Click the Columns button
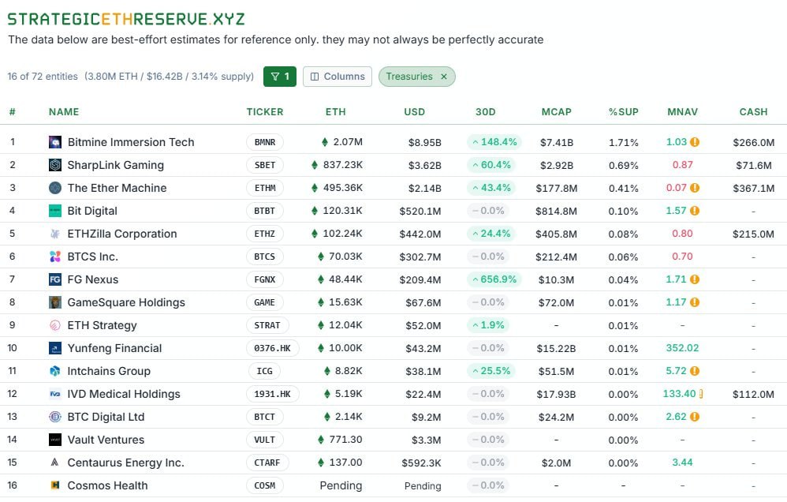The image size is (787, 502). coord(338,77)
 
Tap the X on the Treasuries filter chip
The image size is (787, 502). coord(444,77)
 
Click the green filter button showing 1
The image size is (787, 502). coord(280,77)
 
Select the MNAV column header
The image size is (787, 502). coord(682,112)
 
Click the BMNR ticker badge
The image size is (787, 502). coord(265,142)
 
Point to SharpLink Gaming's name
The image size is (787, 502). coord(116,165)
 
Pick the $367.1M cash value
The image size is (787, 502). coord(753,188)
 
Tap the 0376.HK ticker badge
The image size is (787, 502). coord(268,348)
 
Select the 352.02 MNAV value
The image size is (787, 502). coord(682,348)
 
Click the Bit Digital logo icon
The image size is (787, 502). coord(55,211)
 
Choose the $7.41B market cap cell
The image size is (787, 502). coord(556,142)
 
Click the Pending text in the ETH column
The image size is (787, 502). coord(341,485)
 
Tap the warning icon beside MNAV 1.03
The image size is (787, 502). coord(695,142)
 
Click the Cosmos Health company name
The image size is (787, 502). coord(107,485)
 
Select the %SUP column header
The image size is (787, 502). coord(623,112)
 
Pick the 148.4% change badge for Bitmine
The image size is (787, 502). coord(493,142)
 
